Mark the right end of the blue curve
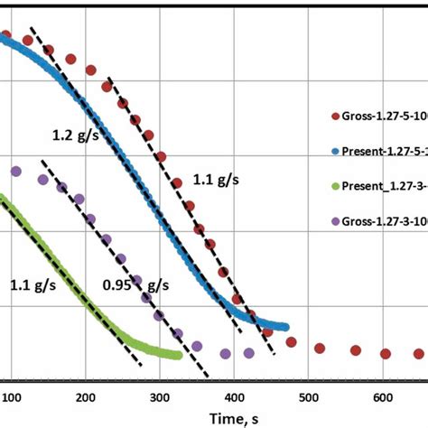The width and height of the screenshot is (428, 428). coord(285,326)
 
